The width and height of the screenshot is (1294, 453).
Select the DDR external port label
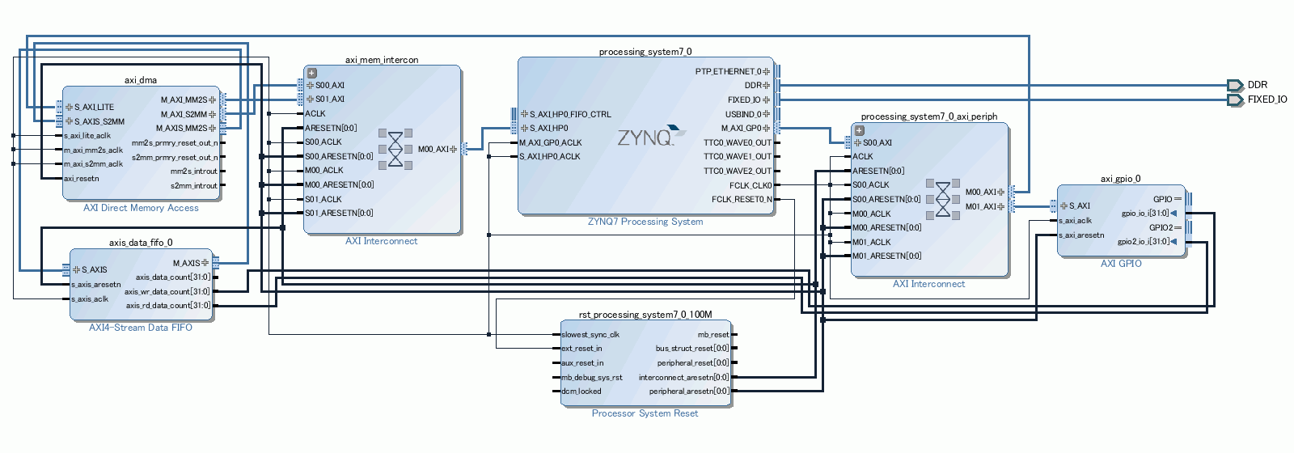[1257, 85]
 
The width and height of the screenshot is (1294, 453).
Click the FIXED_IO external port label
[1267, 99]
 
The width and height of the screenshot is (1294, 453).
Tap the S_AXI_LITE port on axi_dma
[94, 107]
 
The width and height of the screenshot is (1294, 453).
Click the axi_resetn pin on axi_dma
[82, 179]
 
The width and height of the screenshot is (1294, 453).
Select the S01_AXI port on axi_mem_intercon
[329, 99]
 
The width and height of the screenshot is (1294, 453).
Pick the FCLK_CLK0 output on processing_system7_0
[750, 185]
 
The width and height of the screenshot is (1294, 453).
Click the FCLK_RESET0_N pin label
[741, 199]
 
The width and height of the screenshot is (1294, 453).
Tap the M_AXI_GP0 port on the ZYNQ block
[741, 128]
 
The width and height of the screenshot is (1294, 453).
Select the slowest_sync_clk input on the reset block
[590, 335]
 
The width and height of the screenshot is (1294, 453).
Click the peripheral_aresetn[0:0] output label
[689, 392]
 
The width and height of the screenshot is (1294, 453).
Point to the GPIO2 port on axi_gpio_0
[1161, 227]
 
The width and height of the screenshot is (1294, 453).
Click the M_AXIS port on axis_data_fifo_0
[186, 263]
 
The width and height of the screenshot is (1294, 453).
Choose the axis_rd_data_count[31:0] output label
[167, 306]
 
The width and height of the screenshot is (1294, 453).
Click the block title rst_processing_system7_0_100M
[645, 315]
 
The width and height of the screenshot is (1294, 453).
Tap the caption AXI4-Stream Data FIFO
[141, 328]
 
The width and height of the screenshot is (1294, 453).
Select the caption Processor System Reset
[645, 413]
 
